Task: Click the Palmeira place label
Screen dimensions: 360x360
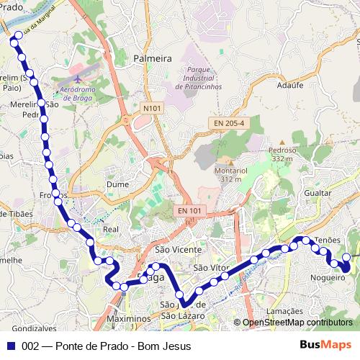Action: coord(153,58)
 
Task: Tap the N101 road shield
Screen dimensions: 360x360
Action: coord(151,109)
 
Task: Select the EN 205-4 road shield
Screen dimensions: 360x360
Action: coord(228,124)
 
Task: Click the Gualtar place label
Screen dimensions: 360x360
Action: coord(318,194)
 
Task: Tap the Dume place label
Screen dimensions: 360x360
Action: coord(117,185)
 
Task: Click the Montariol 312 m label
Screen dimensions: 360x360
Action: coord(230,174)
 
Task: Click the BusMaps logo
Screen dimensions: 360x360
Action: coord(325,345)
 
